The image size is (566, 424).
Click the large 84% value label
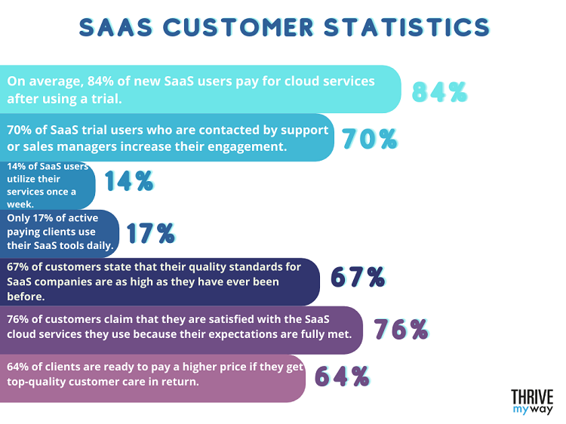click(440, 91)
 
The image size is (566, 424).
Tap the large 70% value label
click(369, 139)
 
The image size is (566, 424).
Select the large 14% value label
click(128, 181)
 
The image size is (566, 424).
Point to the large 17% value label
click(150, 233)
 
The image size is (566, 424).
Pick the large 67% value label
click(358, 278)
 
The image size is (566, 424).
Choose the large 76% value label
click(401, 329)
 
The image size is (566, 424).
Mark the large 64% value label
click(341, 376)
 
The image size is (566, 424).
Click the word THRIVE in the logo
click(532, 397)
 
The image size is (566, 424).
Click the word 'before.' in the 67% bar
click(28, 296)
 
